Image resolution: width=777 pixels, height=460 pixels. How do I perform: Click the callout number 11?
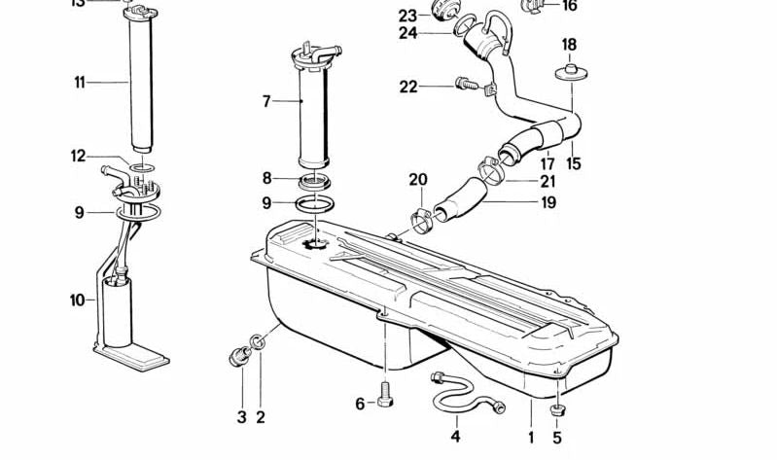coord(80,83)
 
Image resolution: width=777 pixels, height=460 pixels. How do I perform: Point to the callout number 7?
coord(265,100)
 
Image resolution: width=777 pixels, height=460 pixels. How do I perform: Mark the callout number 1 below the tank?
coord(532,437)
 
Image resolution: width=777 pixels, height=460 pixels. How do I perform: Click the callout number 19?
coord(548,203)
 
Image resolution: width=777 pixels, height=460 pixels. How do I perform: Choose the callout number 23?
coord(407,15)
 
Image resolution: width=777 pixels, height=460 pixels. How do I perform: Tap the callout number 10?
coord(78,301)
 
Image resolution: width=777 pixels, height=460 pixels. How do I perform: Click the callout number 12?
coord(79,156)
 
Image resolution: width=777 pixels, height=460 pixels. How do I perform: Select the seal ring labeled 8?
coord(316,182)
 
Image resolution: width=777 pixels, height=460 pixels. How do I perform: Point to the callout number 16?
coord(570,6)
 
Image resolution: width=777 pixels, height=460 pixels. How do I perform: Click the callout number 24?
coord(407,33)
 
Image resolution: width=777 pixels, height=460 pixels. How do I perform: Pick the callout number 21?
coord(548,182)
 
